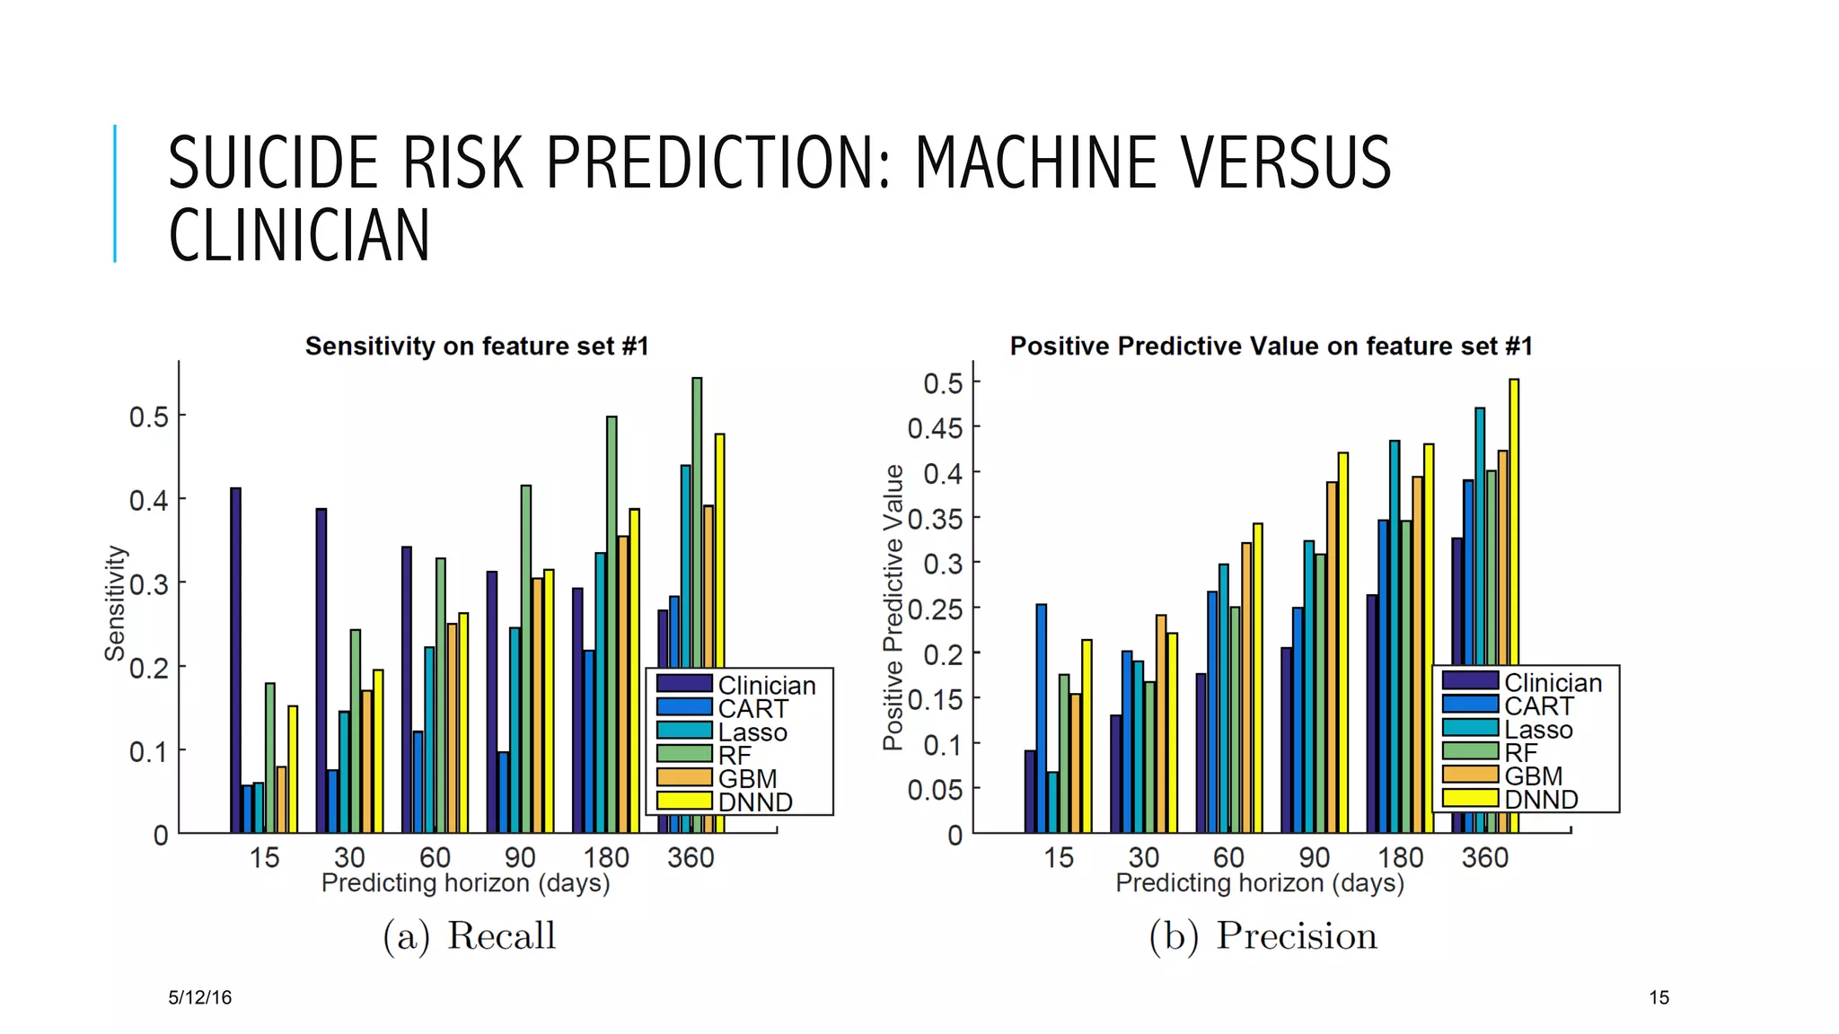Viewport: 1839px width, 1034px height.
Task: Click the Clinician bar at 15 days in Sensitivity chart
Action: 235,660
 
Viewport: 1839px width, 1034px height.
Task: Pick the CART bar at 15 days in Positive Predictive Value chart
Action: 1042,718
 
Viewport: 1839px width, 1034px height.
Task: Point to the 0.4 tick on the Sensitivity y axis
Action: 148,500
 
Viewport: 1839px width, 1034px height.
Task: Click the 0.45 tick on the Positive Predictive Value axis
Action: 935,428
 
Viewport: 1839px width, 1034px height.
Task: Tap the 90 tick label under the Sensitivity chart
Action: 520,857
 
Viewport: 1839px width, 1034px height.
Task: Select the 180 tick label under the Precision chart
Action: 1400,857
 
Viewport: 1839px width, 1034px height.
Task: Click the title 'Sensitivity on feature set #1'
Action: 477,346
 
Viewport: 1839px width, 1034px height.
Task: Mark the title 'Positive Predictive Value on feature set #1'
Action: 1271,346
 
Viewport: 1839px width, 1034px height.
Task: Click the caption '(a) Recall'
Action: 470,935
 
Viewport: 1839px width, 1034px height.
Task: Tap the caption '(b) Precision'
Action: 1263,935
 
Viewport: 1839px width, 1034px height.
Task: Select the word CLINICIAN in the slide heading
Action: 299,236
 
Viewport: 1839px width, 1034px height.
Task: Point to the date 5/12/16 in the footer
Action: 199,997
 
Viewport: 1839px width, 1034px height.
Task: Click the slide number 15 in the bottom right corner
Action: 1659,997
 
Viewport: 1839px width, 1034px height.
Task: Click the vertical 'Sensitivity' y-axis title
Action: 114,603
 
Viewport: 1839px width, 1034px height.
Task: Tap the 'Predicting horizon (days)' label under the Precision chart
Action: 1259,883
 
